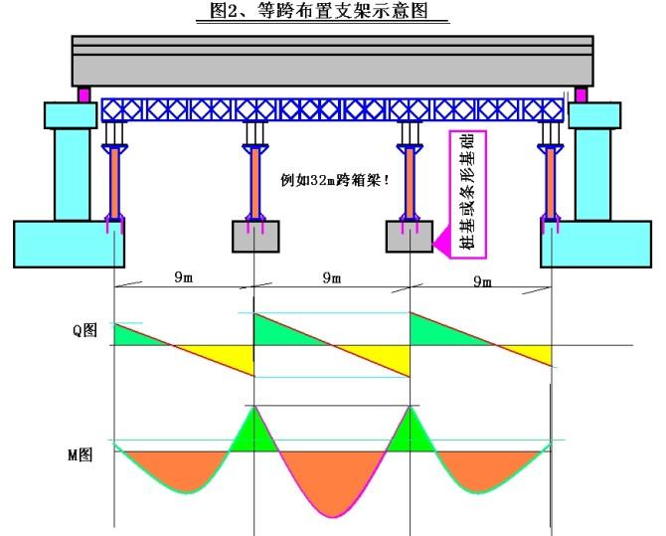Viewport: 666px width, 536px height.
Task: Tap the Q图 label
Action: click(x=83, y=331)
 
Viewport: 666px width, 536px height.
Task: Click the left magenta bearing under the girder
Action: click(x=84, y=94)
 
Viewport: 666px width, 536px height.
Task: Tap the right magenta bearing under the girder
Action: click(x=581, y=94)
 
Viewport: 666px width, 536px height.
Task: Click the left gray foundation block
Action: click(x=255, y=237)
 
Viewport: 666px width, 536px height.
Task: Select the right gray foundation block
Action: click(x=408, y=237)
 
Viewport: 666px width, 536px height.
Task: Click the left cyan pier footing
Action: click(x=68, y=244)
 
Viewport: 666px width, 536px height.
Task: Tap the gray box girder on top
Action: click(x=332, y=62)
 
